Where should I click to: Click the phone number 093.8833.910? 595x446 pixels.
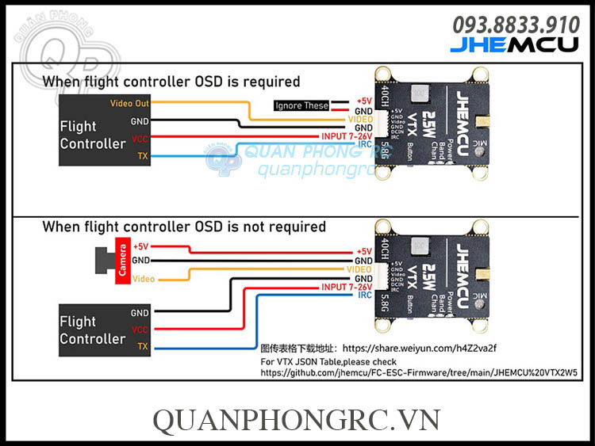tap(516, 25)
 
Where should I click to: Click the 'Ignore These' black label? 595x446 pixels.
tap(302, 105)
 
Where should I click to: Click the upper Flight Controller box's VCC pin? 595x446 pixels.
tap(140, 138)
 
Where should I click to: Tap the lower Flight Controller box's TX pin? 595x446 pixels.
tap(142, 347)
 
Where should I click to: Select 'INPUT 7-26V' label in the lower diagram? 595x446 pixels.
tap(347, 287)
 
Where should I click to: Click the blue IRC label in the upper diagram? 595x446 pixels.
tap(364, 145)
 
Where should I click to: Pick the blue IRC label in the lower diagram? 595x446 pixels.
tap(364, 295)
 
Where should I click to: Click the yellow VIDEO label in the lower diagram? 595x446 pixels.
tap(359, 269)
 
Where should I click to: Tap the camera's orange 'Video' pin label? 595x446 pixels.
tap(144, 279)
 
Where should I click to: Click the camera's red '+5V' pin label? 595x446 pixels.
tap(141, 246)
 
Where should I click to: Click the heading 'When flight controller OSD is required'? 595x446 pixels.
tap(171, 81)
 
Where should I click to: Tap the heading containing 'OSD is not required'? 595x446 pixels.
tap(184, 227)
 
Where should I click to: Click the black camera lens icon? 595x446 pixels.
tap(103, 260)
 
